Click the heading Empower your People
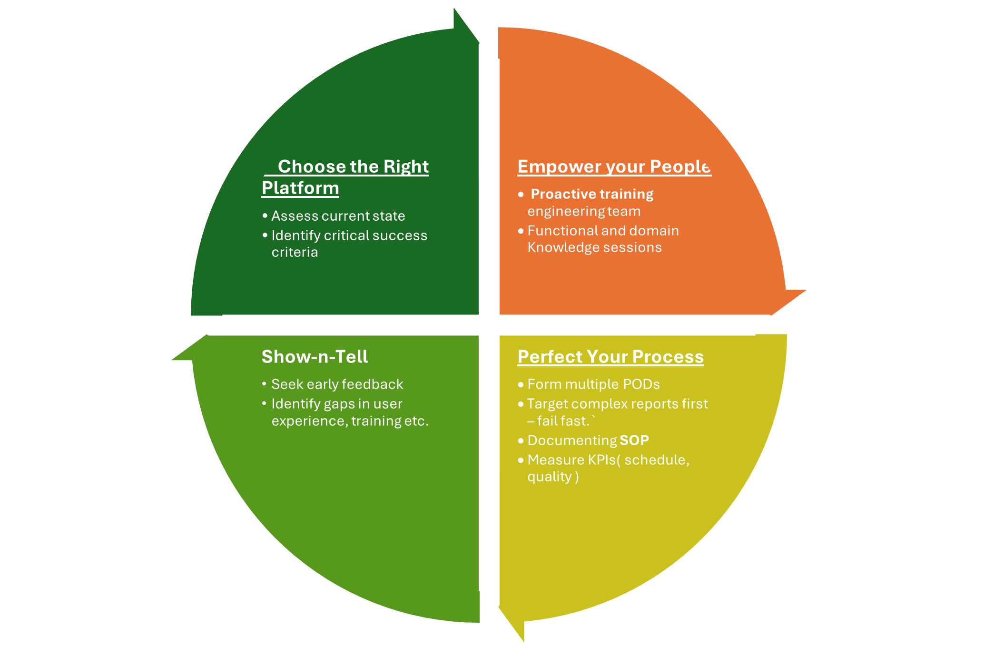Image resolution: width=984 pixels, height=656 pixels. (614, 166)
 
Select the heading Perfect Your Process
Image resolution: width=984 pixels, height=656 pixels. (610, 357)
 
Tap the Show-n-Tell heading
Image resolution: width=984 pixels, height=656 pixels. (315, 357)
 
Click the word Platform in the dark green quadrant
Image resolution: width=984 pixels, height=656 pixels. (300, 188)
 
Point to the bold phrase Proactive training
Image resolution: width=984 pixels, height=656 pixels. (592, 194)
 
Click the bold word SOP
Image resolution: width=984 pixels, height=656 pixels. (634, 441)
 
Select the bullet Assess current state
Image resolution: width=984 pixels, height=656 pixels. (338, 216)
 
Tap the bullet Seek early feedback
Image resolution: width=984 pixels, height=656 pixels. (337, 384)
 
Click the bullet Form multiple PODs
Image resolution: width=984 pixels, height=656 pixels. (593, 384)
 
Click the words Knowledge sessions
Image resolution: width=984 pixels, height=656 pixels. (594, 248)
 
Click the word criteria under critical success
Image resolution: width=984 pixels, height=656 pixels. (295, 252)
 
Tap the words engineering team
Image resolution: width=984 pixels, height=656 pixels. (584, 211)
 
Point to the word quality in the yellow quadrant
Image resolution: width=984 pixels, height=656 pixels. (549, 477)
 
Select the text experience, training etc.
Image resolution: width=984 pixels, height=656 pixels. (350, 421)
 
